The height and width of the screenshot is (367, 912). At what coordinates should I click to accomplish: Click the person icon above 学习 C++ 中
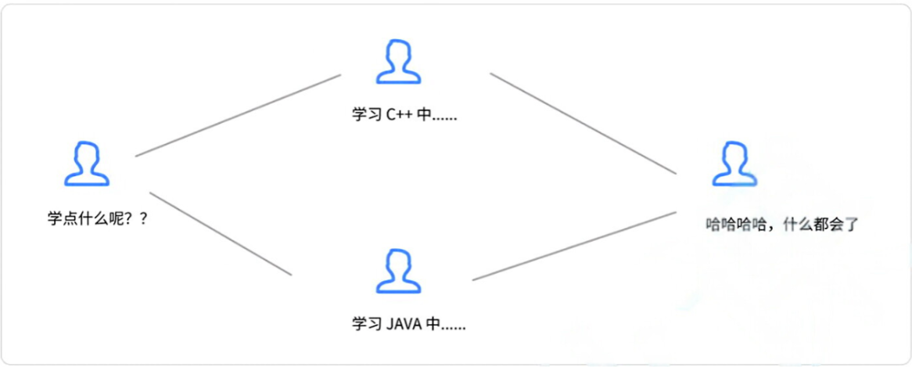coord(399,63)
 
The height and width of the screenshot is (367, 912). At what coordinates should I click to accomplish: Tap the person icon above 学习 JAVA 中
coord(399,271)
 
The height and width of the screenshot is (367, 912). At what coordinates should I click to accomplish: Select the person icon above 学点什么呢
coord(87,164)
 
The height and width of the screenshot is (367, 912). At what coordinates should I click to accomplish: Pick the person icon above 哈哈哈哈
coord(734,164)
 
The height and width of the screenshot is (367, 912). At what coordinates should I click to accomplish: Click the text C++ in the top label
coord(400,115)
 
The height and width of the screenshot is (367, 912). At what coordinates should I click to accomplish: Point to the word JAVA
coord(404,323)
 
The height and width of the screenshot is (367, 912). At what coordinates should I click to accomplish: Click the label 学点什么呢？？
coord(98,219)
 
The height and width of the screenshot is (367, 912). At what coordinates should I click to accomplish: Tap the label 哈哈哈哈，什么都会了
coord(782,225)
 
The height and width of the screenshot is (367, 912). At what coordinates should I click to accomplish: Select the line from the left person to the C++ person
coord(238,116)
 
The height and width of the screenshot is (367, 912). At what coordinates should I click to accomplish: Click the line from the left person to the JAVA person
coord(221,233)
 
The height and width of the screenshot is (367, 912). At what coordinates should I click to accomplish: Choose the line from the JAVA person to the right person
coord(574,246)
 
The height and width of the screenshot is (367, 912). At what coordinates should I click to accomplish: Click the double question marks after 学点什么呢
coord(137,219)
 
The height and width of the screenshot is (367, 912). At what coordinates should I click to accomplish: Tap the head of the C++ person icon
coord(399,54)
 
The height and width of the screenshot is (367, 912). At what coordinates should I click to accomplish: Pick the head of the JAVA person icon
coord(399,261)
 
